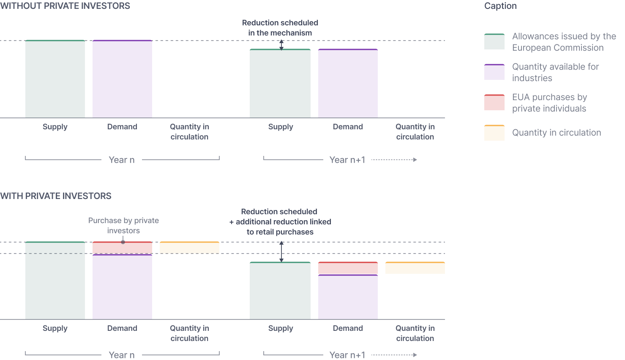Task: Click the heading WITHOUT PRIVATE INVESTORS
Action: tap(65, 6)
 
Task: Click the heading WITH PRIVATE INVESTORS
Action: tap(55, 196)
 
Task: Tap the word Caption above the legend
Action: tap(500, 6)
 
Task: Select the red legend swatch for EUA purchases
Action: tap(494, 102)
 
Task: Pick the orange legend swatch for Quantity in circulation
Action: tap(494, 133)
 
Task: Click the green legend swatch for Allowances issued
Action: tap(494, 41)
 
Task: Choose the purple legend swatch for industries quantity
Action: tap(494, 72)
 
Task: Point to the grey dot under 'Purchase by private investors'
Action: tap(123, 242)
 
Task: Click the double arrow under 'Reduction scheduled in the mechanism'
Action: tap(281, 45)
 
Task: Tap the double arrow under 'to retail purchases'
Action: tap(281, 252)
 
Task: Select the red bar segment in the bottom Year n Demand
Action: tap(122, 248)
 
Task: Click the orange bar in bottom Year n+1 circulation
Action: tap(415, 268)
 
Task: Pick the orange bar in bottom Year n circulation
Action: tap(189, 248)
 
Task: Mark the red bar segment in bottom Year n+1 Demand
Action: tap(348, 268)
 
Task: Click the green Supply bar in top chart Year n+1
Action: tap(280, 83)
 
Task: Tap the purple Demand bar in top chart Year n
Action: tap(122, 79)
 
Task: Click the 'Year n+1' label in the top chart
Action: tap(347, 160)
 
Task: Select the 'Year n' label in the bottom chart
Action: tap(122, 355)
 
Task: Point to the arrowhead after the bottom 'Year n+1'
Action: tap(415, 355)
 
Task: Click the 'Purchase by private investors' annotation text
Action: tap(123, 226)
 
